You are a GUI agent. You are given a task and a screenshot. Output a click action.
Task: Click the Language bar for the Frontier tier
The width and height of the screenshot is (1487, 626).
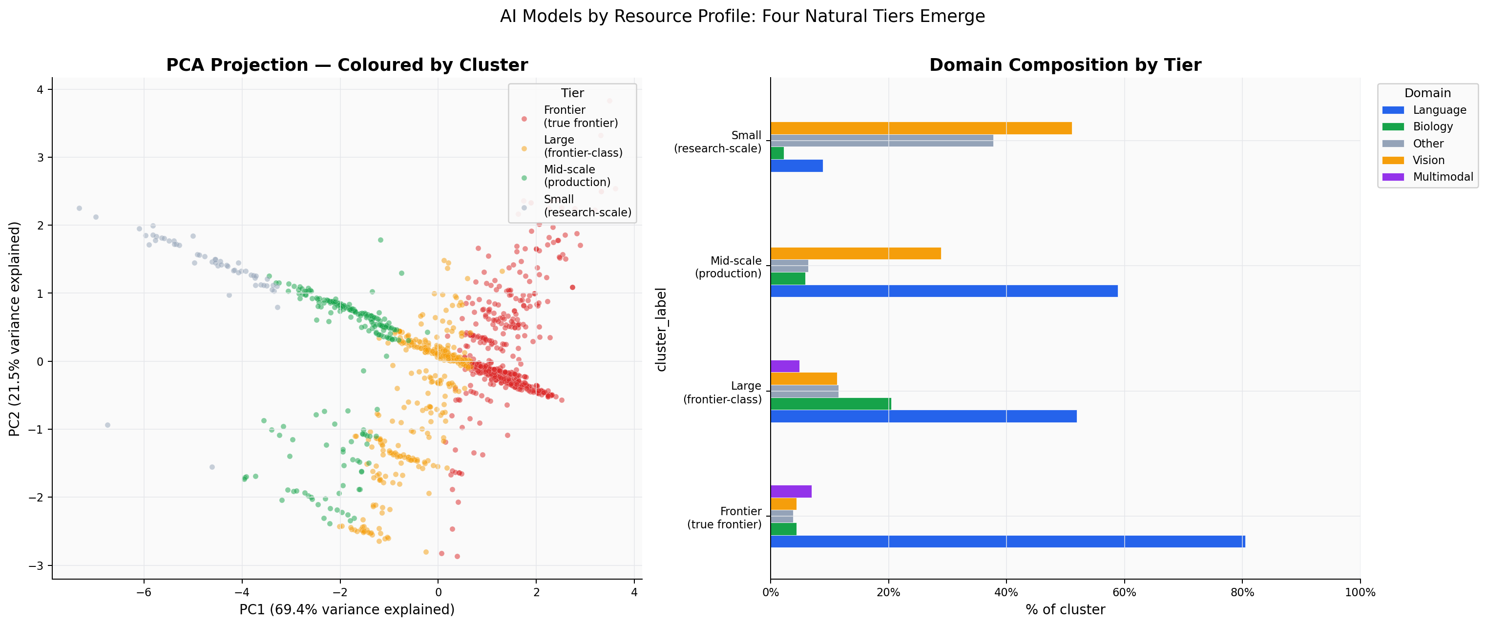(1007, 541)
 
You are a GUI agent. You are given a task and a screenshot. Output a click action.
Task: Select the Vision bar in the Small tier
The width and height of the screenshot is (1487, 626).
(921, 128)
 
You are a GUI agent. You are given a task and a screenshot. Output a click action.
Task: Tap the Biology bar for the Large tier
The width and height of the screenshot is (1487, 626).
(830, 404)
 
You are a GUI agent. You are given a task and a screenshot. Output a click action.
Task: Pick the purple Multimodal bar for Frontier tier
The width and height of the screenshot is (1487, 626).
(790, 492)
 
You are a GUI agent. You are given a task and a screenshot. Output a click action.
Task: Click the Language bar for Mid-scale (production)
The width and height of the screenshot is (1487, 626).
(944, 291)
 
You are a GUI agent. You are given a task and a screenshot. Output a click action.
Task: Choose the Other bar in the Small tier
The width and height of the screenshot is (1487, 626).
(881, 141)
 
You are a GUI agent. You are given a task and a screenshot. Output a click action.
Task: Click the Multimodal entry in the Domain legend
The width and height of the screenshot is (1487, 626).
(1442, 177)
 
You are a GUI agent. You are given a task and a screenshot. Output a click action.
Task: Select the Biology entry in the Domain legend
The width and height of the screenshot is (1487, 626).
(1432, 126)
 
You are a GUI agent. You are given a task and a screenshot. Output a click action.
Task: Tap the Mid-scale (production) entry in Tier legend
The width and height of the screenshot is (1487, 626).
(576, 175)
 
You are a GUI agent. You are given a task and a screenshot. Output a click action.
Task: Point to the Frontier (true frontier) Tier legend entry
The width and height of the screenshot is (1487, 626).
(580, 116)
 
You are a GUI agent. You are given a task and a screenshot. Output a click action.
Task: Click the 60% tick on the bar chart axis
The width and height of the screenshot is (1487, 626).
(1124, 592)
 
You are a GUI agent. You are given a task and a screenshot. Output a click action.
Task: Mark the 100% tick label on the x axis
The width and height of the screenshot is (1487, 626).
(1360, 592)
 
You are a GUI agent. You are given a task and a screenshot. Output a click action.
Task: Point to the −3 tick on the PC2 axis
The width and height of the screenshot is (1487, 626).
(36, 565)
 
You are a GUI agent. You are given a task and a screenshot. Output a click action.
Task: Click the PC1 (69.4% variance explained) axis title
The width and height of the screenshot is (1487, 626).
(347, 610)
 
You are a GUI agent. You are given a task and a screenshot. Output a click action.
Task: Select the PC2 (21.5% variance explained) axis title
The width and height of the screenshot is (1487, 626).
(15, 328)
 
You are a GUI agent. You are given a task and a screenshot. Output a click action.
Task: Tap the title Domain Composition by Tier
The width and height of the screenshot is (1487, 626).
(1065, 64)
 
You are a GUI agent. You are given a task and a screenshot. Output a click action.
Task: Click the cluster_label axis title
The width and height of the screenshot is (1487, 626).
(662, 329)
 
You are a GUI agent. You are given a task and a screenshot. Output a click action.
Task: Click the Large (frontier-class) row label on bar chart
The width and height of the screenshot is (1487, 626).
(722, 392)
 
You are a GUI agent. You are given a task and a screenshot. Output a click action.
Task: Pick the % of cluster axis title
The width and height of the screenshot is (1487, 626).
(1065, 610)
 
